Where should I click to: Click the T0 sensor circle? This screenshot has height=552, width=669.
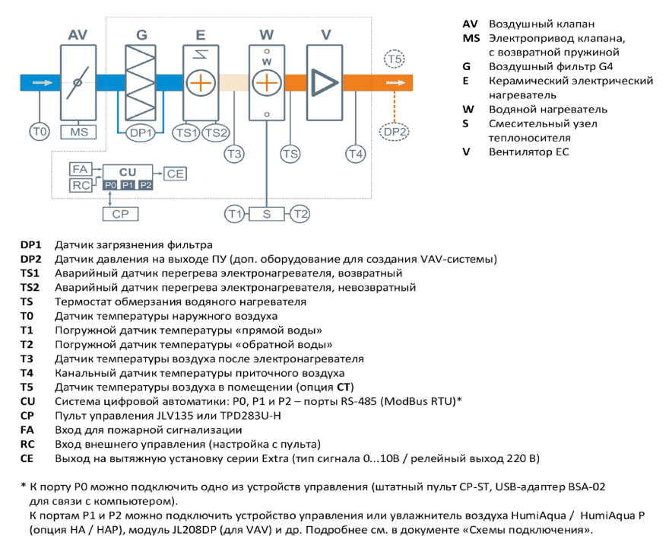click(40, 132)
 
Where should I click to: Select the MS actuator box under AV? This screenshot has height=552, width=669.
click(78, 132)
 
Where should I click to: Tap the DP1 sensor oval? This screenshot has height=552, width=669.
click(141, 133)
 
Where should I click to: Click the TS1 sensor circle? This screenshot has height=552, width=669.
click(186, 133)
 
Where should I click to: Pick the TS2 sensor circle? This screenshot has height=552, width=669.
click(216, 133)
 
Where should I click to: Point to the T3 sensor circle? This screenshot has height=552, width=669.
click(234, 154)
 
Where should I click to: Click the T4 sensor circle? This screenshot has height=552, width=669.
click(356, 154)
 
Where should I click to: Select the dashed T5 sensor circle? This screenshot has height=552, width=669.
click(395, 59)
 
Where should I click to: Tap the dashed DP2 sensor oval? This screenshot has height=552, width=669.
click(395, 132)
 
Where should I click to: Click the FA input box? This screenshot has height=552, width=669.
click(81, 169)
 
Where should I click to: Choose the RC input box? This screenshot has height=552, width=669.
click(81, 185)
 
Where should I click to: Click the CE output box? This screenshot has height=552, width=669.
click(175, 174)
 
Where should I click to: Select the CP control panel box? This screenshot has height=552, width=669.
click(120, 214)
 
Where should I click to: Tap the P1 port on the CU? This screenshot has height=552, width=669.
click(128, 185)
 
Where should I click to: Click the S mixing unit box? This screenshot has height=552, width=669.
click(267, 214)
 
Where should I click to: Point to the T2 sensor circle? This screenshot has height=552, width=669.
click(300, 214)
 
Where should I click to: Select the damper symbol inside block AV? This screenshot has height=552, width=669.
click(78, 82)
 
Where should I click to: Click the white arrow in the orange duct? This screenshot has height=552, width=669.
click(395, 82)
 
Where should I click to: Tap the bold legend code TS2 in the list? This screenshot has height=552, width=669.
click(30, 288)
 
